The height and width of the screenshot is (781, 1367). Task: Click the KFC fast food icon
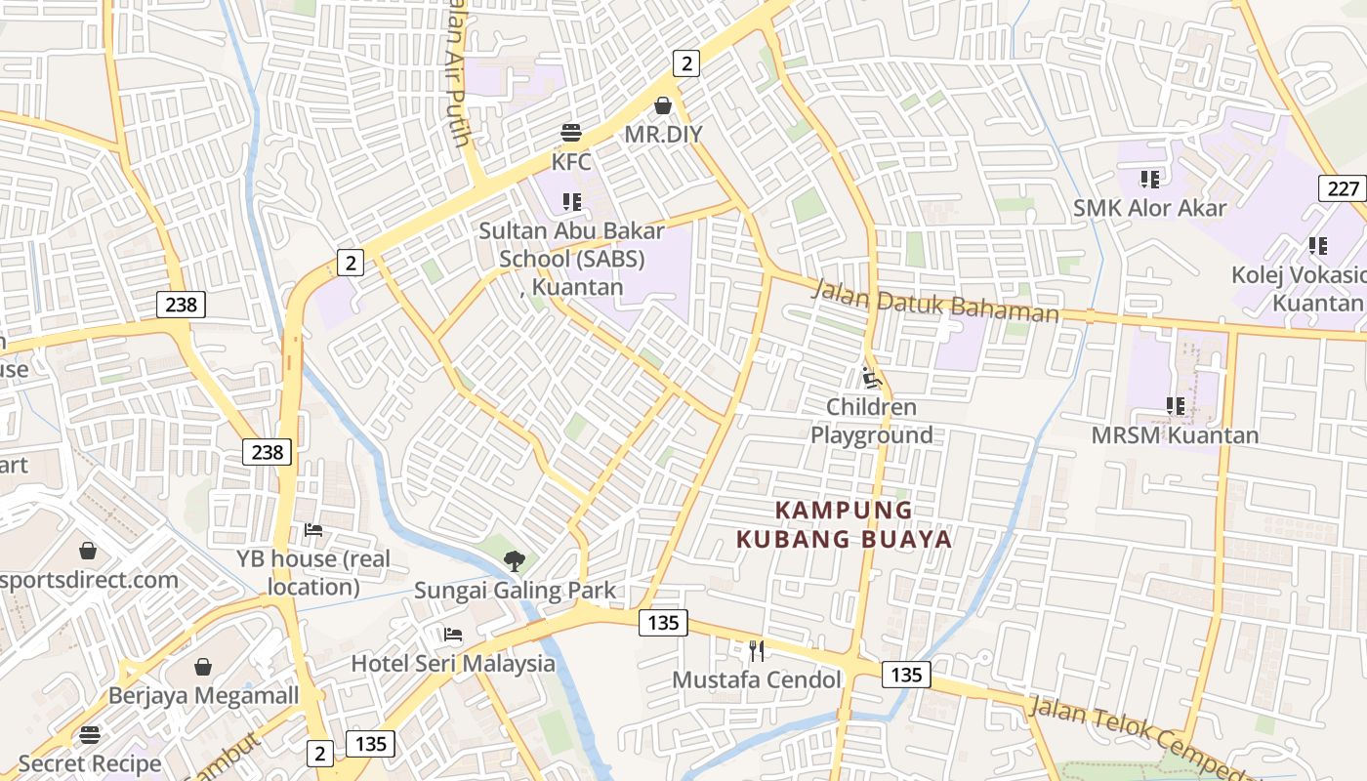pyautogui.click(x=571, y=133)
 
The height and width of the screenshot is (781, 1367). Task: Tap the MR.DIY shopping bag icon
pyautogui.click(x=663, y=105)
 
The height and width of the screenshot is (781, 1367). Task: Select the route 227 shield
pyautogui.click(x=1343, y=188)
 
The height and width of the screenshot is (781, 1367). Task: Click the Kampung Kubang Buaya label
pyautogui.click(x=844, y=524)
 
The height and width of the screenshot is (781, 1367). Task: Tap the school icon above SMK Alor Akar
pyautogui.click(x=1149, y=179)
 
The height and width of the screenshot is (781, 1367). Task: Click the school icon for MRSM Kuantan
pyautogui.click(x=1175, y=405)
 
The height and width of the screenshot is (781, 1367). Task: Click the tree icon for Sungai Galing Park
pyautogui.click(x=514, y=560)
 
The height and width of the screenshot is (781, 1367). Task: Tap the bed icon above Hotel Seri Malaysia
pyautogui.click(x=452, y=635)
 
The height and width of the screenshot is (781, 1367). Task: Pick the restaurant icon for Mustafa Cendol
pyautogui.click(x=756, y=650)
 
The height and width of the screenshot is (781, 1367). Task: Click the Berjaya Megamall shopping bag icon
pyautogui.click(x=203, y=667)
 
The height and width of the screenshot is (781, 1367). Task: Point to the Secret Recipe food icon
pyautogui.click(x=90, y=734)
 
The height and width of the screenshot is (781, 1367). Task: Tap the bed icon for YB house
pyautogui.click(x=312, y=530)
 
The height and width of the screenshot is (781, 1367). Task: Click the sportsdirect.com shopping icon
pyautogui.click(x=88, y=551)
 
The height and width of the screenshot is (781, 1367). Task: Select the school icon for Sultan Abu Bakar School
pyautogui.click(x=571, y=202)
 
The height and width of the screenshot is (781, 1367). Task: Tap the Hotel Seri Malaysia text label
pyautogui.click(x=453, y=664)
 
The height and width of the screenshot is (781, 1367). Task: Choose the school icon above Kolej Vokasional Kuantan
pyautogui.click(x=1317, y=245)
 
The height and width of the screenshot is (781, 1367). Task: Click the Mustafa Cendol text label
pyautogui.click(x=757, y=679)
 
